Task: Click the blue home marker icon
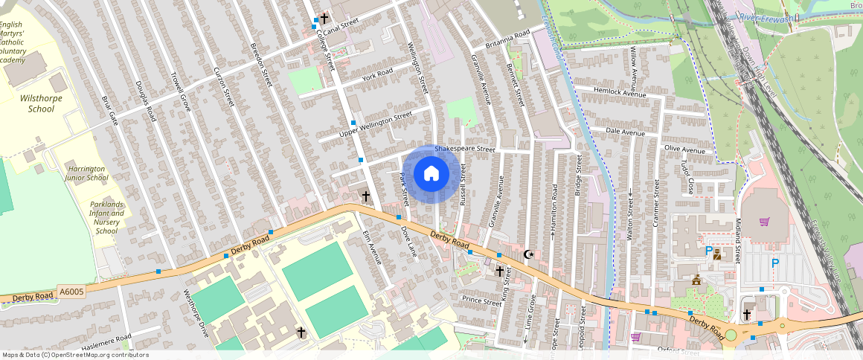click(x=431, y=174)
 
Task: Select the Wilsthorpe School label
click(x=41, y=103)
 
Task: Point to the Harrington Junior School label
click(x=86, y=173)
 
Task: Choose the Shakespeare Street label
click(x=465, y=150)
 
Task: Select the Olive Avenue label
click(x=684, y=150)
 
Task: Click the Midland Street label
click(x=738, y=243)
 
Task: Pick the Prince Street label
click(x=481, y=301)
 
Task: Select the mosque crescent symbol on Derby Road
click(x=529, y=254)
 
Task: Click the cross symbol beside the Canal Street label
click(x=324, y=16)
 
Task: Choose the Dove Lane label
click(x=408, y=242)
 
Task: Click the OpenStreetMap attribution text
click(x=75, y=355)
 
